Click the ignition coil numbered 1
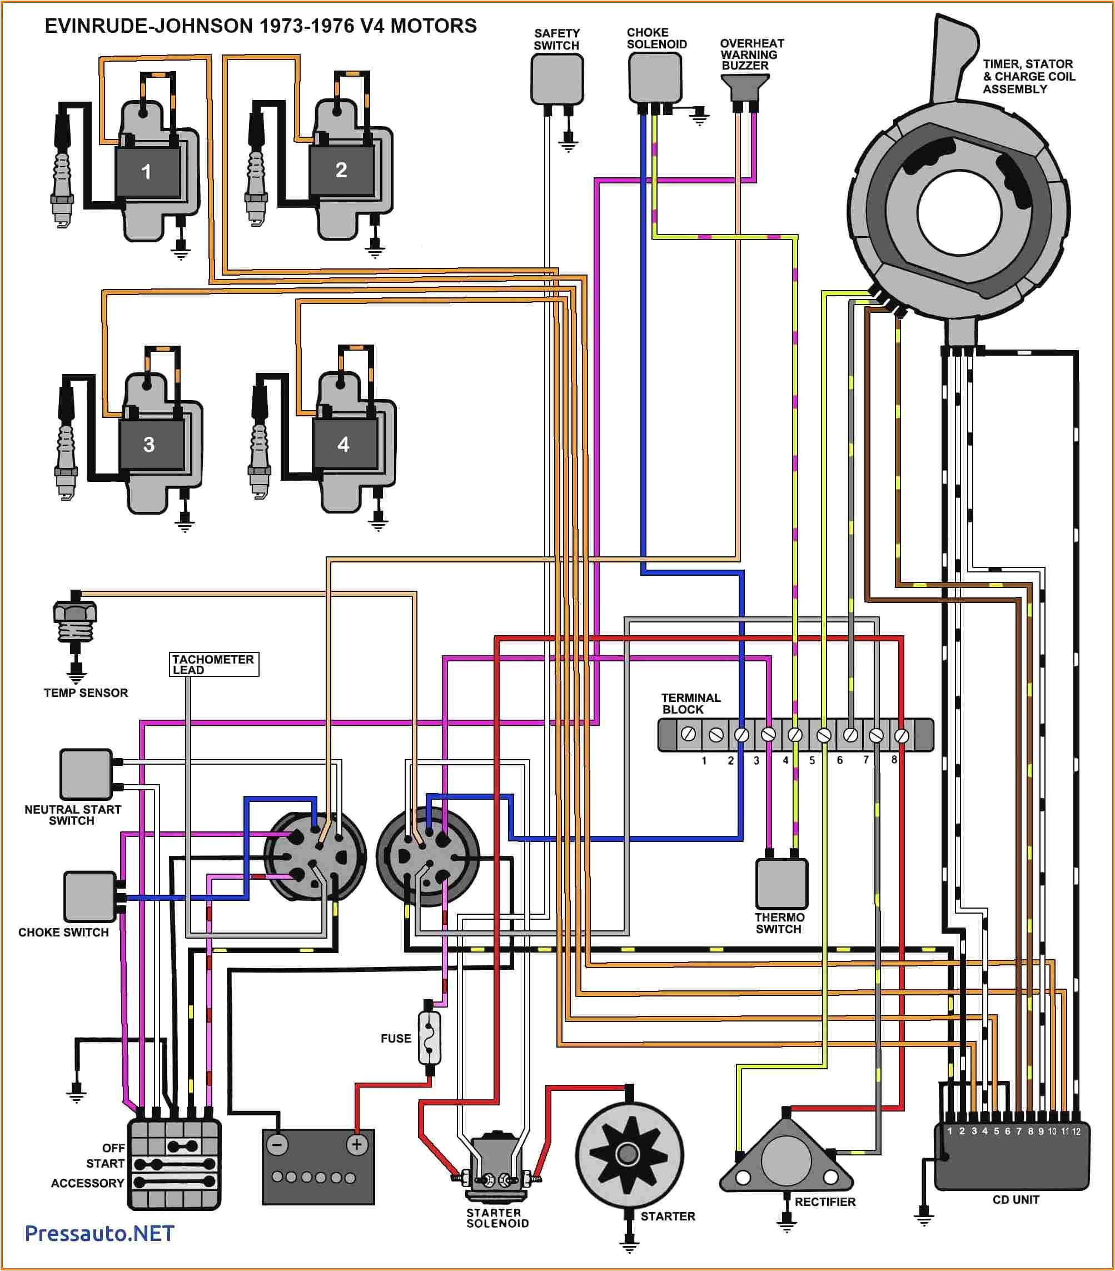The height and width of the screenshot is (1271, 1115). pos(147,171)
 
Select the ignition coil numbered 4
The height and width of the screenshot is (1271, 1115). pos(344,444)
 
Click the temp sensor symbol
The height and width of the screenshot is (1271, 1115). pos(75,622)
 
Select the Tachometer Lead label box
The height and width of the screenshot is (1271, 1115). pos(214,664)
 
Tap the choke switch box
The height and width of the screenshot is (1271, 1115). pos(90,896)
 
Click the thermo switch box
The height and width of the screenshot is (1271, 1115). pos(781,884)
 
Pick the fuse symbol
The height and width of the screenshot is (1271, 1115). pos(430,1037)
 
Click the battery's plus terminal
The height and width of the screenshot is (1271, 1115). pos(357,1145)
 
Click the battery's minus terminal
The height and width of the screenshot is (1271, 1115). pos(277,1145)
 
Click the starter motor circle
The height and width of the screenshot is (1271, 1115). pos(629,1154)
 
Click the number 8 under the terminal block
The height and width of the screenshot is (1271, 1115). pos(894,760)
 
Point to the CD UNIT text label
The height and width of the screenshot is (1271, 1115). pos(1016,1199)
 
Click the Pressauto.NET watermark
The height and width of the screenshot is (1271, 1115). pos(99,1234)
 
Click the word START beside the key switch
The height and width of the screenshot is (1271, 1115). pos(105,1163)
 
